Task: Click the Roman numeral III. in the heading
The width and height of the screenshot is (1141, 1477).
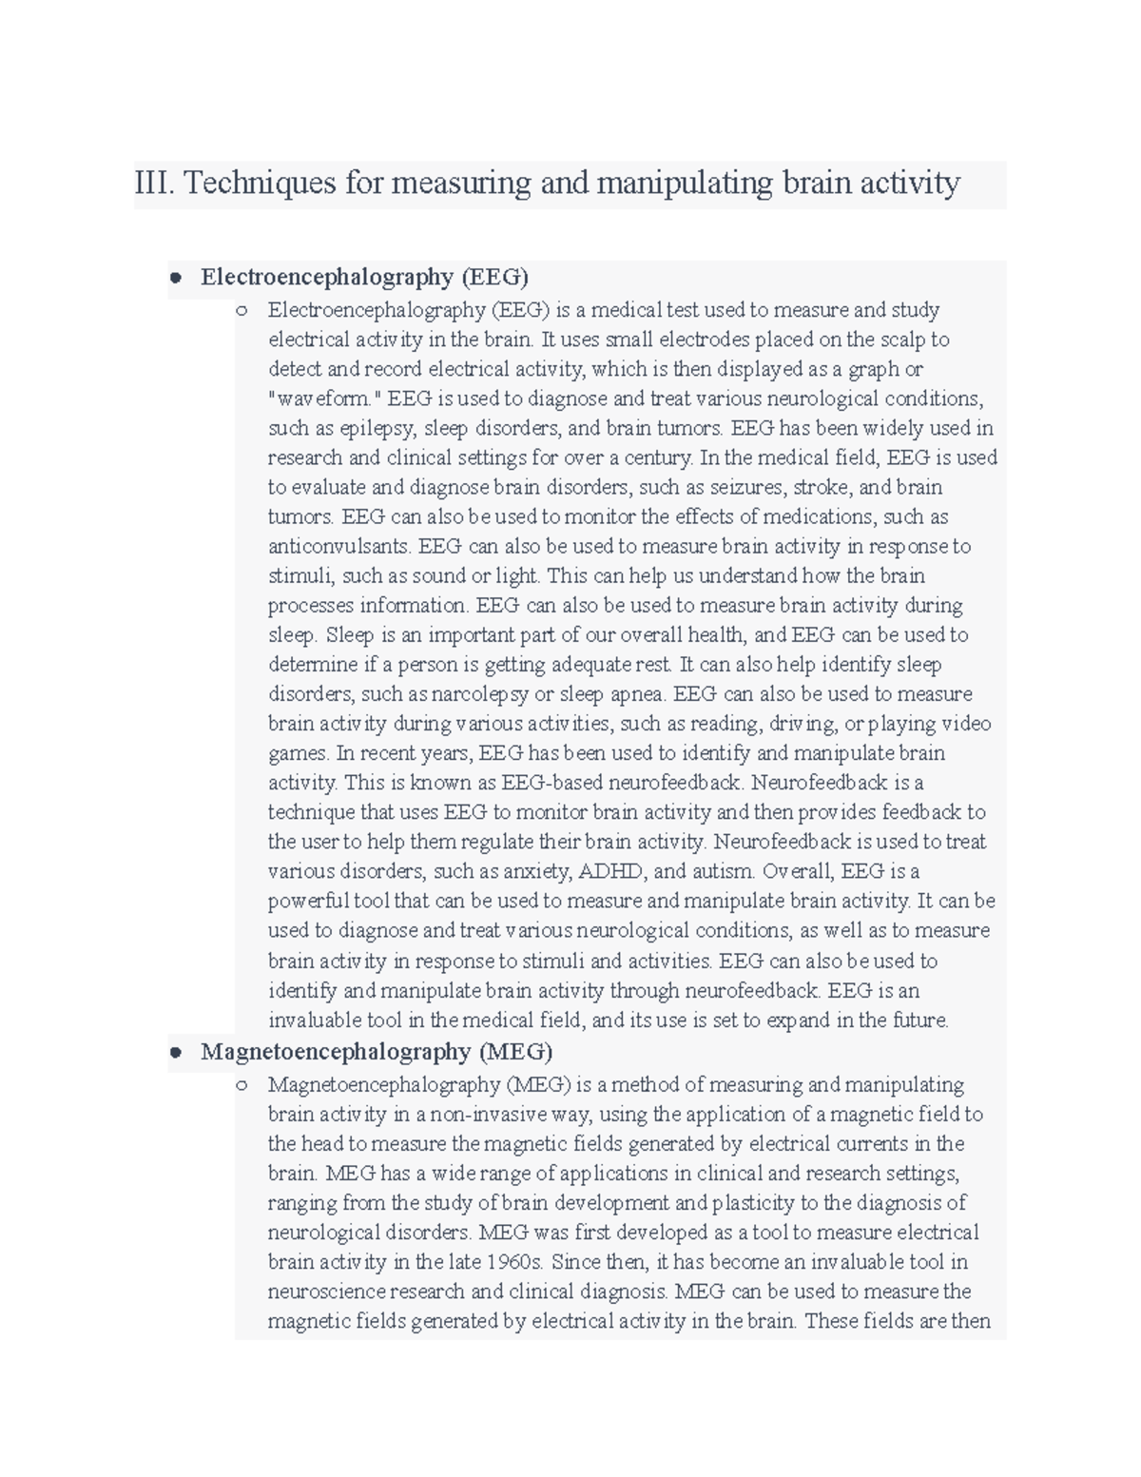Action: point(154,182)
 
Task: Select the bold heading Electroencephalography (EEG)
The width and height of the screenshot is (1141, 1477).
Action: point(364,277)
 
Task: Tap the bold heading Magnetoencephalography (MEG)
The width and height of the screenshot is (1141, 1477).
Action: point(376,1052)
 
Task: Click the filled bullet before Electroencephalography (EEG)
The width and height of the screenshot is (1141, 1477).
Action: point(175,278)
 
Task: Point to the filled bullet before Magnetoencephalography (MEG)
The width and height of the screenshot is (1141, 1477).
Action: point(175,1053)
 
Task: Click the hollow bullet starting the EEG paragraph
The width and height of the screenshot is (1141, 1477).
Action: point(242,310)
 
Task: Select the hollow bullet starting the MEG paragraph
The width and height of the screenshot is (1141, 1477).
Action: point(242,1085)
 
